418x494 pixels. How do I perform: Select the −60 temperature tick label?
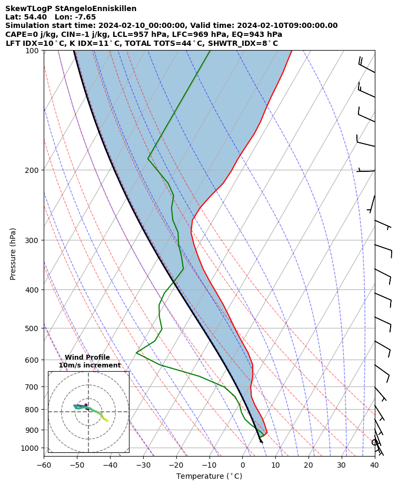click(x=44, y=466)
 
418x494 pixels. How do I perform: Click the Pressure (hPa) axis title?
click(x=13, y=254)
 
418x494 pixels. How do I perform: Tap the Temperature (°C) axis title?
click(x=209, y=477)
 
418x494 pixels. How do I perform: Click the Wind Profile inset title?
click(x=87, y=357)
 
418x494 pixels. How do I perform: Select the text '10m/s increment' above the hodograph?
click(x=89, y=365)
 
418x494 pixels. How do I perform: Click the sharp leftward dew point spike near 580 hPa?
click(x=136, y=352)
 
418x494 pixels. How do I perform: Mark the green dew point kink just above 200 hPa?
click(x=148, y=158)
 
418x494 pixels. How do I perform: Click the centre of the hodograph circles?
click(x=88, y=412)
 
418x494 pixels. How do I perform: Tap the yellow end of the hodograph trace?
click(x=107, y=421)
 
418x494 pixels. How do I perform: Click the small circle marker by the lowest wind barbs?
click(x=374, y=442)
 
